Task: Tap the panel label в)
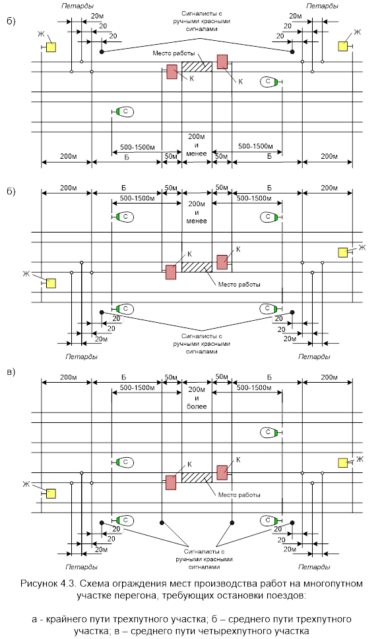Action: point(11,372)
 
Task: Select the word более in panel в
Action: point(197,406)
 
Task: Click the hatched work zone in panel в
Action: point(197,478)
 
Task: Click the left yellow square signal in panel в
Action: point(51,494)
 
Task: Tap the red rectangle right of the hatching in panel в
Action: point(222,473)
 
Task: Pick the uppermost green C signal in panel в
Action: point(269,432)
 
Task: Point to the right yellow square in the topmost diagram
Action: point(343,47)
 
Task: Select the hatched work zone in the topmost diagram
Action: point(197,67)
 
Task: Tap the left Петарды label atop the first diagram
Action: point(77,6)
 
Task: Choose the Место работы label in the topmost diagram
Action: point(174,53)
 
